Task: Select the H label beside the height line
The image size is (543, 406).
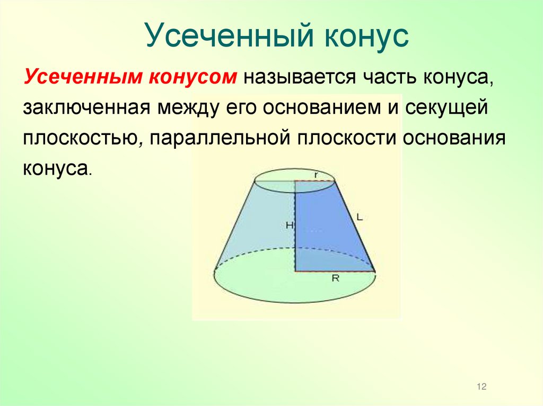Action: pos(289,225)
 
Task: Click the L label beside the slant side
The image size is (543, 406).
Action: pos(360,216)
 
